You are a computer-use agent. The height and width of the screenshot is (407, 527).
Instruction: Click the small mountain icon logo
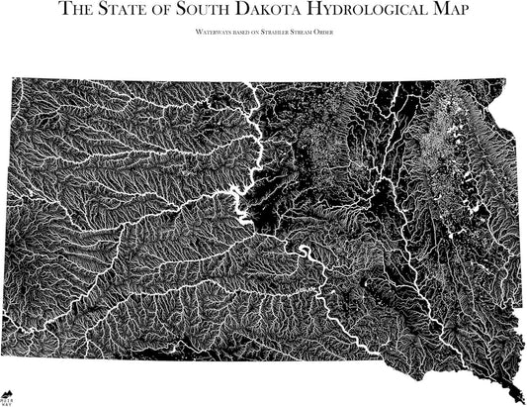(x=8, y=393)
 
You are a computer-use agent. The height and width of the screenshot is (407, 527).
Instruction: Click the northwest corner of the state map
(x=14, y=80)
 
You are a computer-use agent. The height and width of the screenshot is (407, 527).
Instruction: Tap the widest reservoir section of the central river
(x=240, y=192)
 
